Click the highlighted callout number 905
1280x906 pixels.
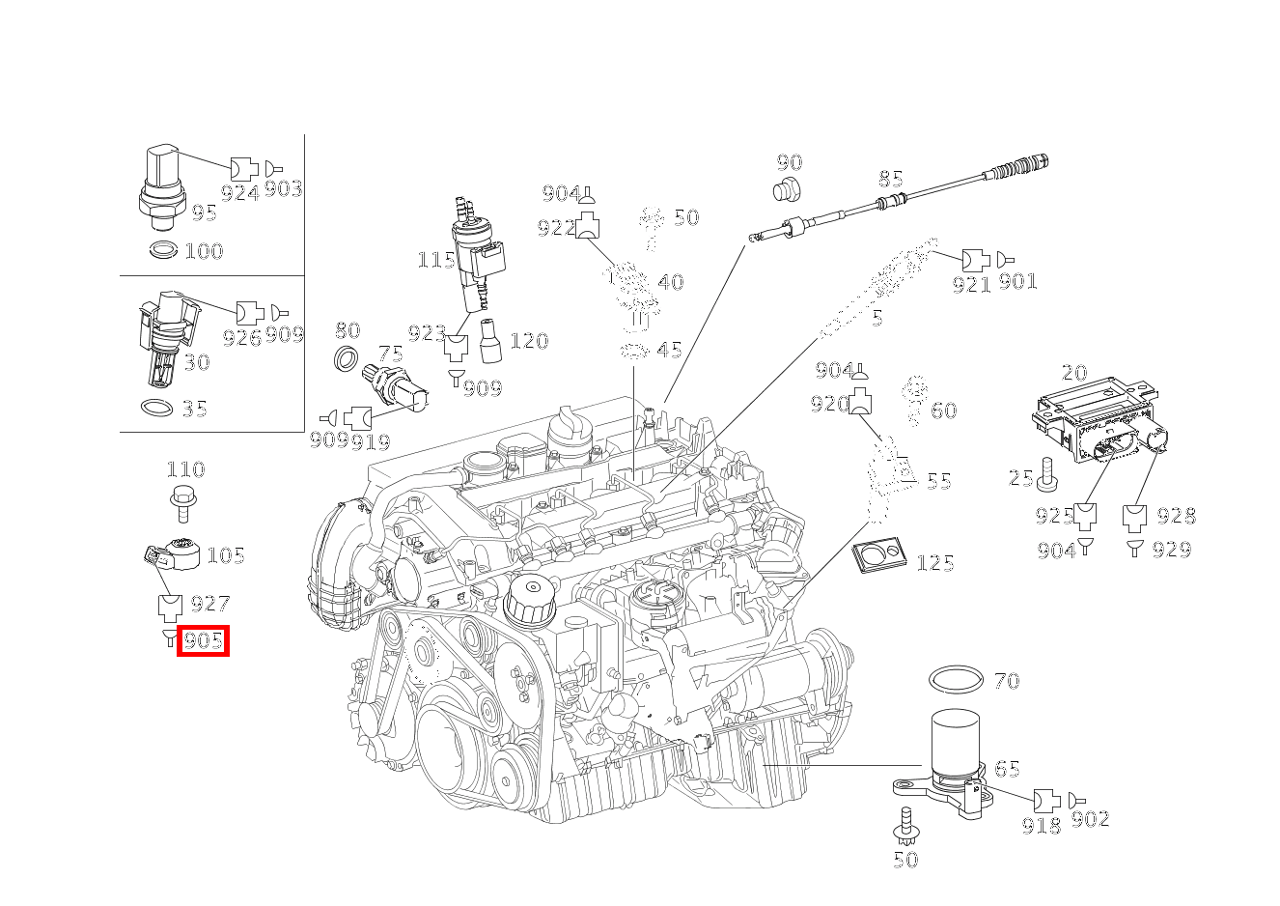tap(203, 640)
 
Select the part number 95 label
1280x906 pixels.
tap(204, 213)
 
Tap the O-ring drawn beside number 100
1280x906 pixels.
tap(164, 251)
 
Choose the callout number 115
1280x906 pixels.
tap(435, 261)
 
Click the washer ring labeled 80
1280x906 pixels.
tap(346, 358)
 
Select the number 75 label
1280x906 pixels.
tap(390, 354)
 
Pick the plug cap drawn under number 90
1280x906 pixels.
tap(789, 189)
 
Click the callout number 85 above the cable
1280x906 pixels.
tap(890, 180)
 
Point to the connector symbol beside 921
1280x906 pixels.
tap(975, 260)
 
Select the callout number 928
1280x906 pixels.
tap(1176, 516)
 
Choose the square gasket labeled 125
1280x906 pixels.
tap(878, 556)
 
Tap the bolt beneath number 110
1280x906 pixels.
tap(181, 503)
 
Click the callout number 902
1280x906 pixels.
tap(1090, 820)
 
